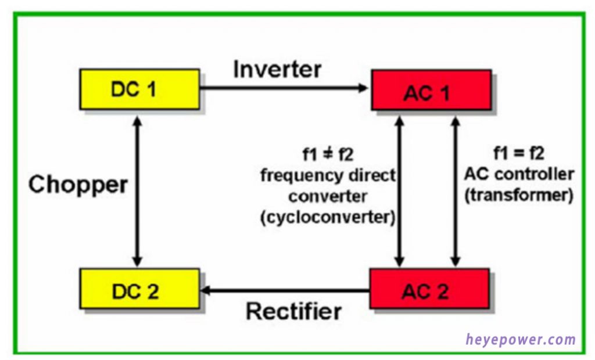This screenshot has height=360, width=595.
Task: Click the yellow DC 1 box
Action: click(139, 89)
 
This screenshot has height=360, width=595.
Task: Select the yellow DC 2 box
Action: click(139, 289)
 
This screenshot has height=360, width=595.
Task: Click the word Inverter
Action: click(277, 70)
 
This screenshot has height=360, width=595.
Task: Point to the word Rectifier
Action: click(293, 311)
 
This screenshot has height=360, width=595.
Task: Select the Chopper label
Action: click(78, 185)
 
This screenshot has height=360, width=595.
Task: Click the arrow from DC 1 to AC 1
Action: click(285, 88)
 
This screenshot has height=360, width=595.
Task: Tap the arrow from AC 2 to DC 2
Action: click(285, 289)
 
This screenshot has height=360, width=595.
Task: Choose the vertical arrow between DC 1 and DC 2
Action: click(137, 189)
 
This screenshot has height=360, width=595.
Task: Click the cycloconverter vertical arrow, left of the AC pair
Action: click(399, 189)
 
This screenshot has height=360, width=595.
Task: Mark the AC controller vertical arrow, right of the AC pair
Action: click(455, 189)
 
